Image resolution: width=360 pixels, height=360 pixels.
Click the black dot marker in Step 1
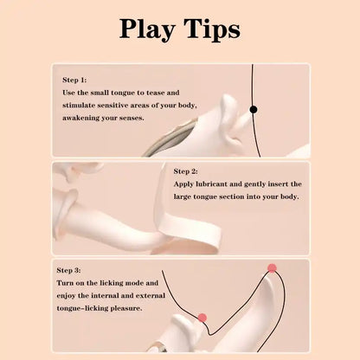click(254, 109)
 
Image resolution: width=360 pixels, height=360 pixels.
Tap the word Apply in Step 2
click(187, 184)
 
